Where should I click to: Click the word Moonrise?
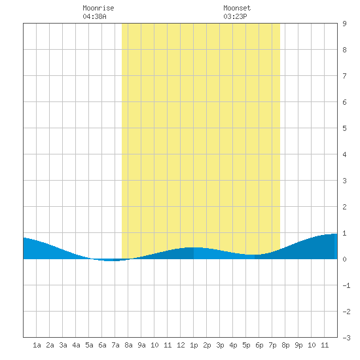(x=98, y=8)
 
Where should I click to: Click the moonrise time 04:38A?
(x=95, y=16)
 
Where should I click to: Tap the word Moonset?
(x=237, y=8)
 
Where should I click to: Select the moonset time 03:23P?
(x=235, y=16)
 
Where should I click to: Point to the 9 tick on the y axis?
(x=344, y=24)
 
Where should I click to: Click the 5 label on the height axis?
(x=344, y=128)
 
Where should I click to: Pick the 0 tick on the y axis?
(x=344, y=259)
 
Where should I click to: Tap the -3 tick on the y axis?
(x=346, y=338)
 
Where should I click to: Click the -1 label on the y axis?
(x=346, y=285)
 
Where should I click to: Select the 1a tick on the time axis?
(x=37, y=345)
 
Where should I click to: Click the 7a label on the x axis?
(x=115, y=345)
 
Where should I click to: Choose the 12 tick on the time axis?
(x=181, y=345)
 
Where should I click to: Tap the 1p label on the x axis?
(x=194, y=345)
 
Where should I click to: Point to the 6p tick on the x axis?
(x=259, y=345)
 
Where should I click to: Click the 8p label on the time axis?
(x=285, y=345)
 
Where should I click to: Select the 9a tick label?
(x=141, y=345)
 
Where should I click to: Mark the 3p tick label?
(x=220, y=345)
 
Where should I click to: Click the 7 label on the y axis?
(x=344, y=76)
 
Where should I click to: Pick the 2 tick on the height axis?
(x=344, y=207)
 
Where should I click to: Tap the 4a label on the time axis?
(x=76, y=345)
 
